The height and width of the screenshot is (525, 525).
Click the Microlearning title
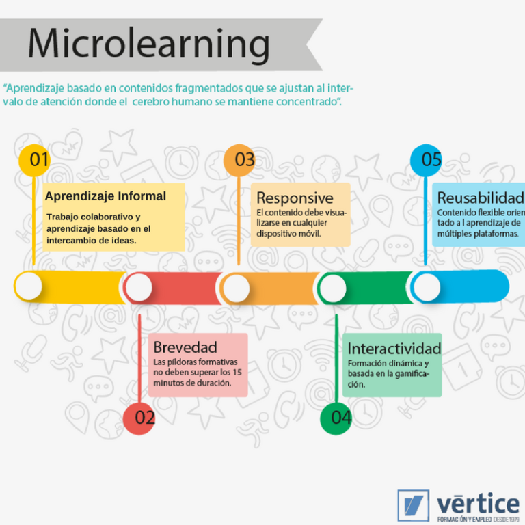coord(148,44)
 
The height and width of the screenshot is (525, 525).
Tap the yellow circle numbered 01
coord(36,160)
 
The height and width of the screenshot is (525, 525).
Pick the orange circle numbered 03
coord(241,160)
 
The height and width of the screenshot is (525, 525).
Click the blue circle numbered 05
coord(427,160)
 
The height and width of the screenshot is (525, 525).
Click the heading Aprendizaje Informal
coord(105,196)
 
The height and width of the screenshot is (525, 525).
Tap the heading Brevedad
coord(185,347)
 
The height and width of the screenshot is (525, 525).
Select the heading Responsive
coord(295,198)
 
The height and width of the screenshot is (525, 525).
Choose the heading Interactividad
coord(394,349)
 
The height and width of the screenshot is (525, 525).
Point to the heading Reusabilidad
coord(480,198)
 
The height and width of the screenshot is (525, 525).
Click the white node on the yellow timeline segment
coord(29,286)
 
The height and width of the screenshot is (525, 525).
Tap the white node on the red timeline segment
coord(139,287)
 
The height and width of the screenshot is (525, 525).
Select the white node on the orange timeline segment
coord(236,288)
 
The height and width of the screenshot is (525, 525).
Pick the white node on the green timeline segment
coord(334,288)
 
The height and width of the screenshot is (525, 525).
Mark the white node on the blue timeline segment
coord(427,288)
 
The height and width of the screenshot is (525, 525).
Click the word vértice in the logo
coord(478,504)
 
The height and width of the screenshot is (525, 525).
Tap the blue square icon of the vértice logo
coord(413,505)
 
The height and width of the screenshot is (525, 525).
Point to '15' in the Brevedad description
coord(237,373)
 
